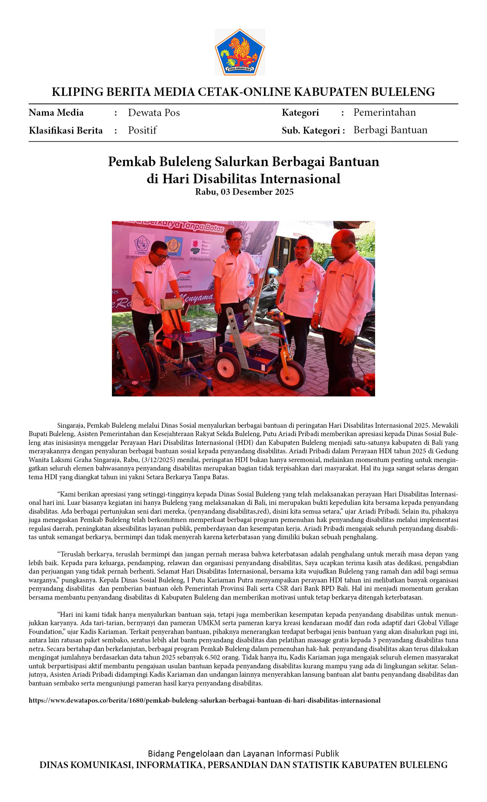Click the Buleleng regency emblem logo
239,52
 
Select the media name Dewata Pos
154,113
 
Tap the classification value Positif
142,130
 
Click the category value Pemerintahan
384,112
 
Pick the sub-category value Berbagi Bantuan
390,130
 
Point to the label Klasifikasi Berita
66,131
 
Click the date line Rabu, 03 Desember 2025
244,192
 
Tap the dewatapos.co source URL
204,700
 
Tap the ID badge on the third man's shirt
302,287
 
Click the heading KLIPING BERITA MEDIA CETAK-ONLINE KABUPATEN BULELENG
243,92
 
